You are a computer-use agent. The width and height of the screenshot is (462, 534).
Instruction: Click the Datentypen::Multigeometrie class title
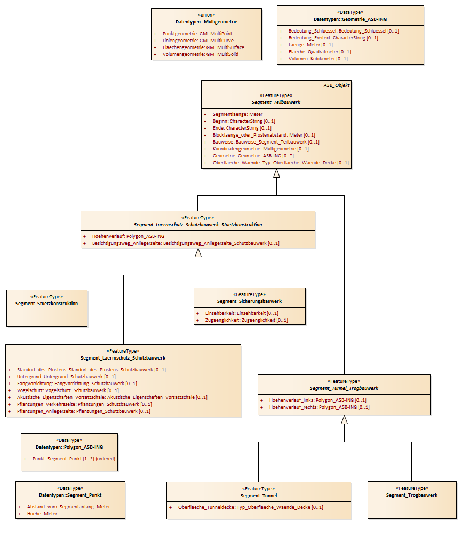tap(206, 22)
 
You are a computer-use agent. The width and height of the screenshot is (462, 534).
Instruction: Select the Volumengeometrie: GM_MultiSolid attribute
tap(200, 54)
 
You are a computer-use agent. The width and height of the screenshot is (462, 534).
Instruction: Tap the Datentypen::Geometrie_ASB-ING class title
tap(350, 19)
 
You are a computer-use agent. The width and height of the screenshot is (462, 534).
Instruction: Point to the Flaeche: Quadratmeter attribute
tap(320, 52)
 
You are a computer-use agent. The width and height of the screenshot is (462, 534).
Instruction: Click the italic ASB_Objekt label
tap(337, 85)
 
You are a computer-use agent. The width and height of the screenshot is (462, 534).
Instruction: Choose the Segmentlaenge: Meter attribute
tap(237, 114)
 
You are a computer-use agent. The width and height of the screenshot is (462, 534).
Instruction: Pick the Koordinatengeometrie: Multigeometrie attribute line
tap(260, 149)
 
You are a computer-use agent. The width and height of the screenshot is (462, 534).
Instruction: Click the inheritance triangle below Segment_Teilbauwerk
tap(276, 173)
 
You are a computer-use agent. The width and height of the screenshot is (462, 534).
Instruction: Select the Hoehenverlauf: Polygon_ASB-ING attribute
tap(128, 236)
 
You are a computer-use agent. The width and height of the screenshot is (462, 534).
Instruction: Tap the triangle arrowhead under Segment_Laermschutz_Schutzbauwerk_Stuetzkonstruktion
tap(198, 253)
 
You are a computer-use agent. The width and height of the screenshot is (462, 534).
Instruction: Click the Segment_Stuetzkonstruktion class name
tap(46, 304)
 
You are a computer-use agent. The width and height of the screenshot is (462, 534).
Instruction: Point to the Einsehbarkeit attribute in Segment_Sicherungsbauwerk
tap(241, 313)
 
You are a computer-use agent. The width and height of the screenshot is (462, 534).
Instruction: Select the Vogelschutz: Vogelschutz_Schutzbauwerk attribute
tap(68, 390)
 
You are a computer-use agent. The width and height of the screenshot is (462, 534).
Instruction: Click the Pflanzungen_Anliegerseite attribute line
tap(83, 411)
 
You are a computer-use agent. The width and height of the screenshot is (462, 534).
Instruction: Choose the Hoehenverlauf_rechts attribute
tap(319, 407)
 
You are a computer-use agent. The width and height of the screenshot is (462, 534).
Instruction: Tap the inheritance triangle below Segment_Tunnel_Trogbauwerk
tap(344, 419)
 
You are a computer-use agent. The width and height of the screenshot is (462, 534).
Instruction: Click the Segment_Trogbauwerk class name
tap(412, 495)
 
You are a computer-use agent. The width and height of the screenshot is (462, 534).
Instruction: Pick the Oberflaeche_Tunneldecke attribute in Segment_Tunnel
tap(250, 507)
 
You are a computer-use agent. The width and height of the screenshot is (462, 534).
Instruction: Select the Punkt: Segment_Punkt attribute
tap(74, 459)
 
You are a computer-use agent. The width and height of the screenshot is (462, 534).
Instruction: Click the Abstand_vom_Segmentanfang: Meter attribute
tap(68, 507)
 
